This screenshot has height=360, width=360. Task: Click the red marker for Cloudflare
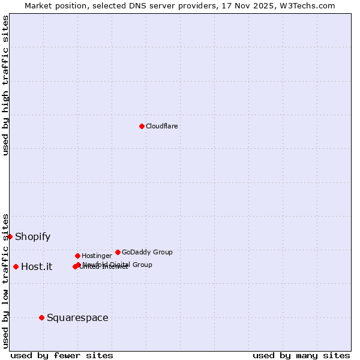(x=142, y=126)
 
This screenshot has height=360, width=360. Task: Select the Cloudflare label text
(x=162, y=126)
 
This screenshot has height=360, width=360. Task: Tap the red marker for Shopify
(x=10, y=236)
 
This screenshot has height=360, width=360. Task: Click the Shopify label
(x=33, y=236)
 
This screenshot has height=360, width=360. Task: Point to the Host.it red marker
(x=16, y=266)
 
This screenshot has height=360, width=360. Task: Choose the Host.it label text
(x=37, y=267)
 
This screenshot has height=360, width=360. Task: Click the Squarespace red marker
(x=41, y=317)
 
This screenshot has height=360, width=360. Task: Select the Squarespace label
(x=77, y=317)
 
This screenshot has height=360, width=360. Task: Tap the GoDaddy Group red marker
(x=118, y=252)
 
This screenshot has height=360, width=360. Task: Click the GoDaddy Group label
(x=147, y=252)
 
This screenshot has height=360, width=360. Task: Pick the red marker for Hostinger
(x=77, y=256)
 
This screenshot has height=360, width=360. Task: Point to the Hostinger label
(x=97, y=256)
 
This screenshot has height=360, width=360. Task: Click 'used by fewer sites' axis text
(x=62, y=355)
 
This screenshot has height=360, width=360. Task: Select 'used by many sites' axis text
(x=301, y=355)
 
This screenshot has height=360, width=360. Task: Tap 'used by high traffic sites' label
(x=5, y=85)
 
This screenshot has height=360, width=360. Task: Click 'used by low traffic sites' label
(x=5, y=280)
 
